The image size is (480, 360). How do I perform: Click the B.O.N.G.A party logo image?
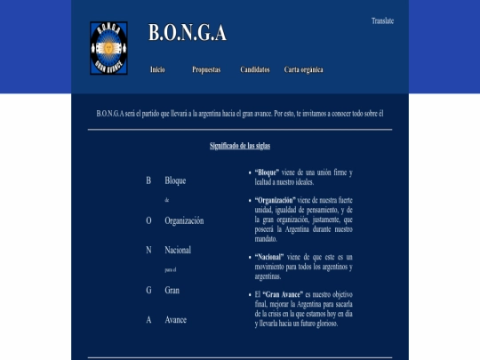click(108, 48)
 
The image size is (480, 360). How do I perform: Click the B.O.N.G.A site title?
click(187, 34)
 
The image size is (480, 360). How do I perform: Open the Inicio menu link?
click(157, 69)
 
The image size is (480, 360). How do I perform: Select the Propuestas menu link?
click(206, 69)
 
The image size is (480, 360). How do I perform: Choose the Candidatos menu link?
click(255, 69)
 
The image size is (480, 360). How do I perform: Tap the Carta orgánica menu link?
click(304, 69)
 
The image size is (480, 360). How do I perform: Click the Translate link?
click(382, 20)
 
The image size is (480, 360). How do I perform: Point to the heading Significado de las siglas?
click(239, 145)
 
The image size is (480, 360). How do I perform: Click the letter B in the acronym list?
click(148, 180)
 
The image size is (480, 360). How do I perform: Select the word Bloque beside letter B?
click(175, 180)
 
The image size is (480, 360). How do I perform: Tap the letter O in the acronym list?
click(148, 220)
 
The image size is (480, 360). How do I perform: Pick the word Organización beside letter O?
click(184, 220)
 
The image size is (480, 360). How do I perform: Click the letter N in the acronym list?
click(148, 251)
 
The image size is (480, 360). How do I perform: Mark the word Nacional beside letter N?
click(178, 251)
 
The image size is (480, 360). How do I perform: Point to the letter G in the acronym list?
click(148, 291)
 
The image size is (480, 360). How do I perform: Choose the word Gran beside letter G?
click(172, 291)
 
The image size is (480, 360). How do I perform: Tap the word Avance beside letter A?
click(176, 320)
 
